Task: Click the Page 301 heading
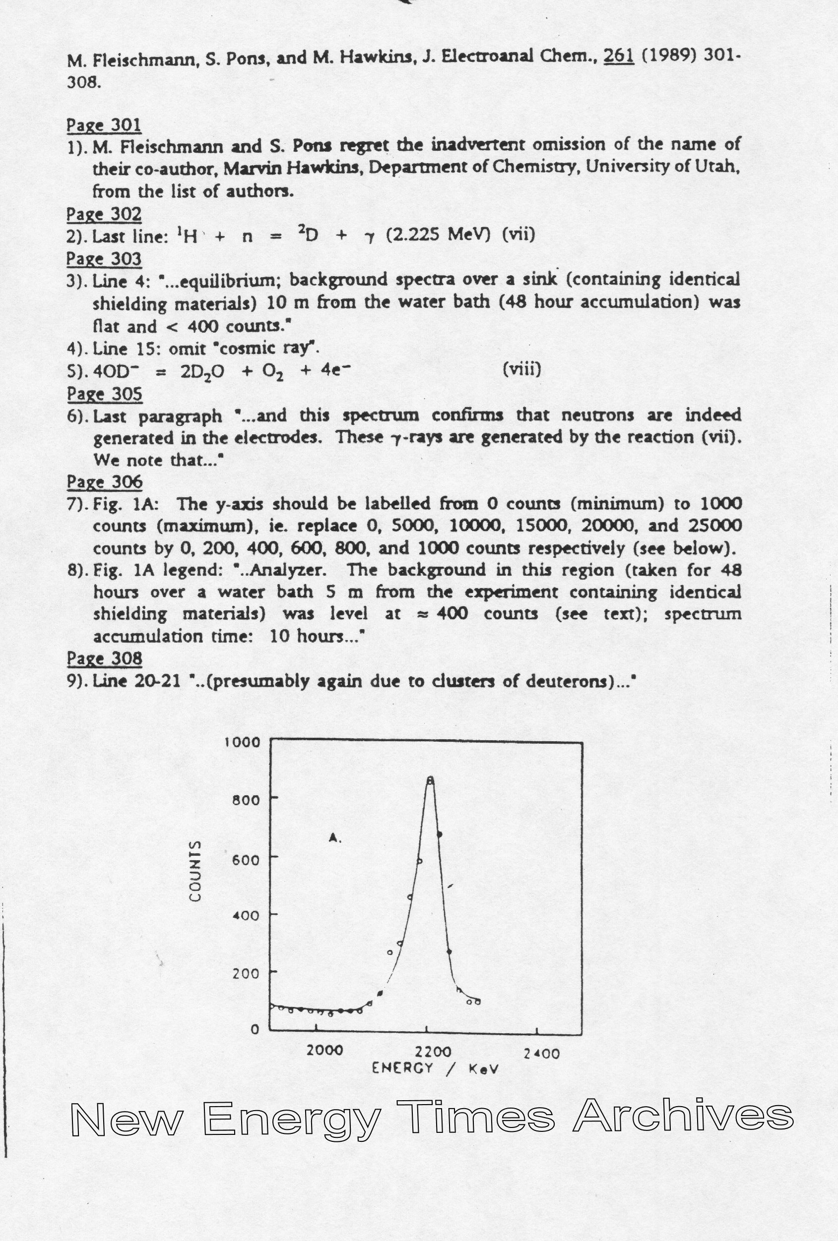coord(104,125)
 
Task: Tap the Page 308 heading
coord(104,658)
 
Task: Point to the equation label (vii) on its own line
coord(518,235)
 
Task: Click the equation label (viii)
coord(521,369)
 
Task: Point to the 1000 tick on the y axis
coord(242,742)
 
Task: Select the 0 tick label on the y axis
coord(255,1028)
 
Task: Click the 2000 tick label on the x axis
coord(324,1051)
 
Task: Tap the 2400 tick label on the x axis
coord(541,1054)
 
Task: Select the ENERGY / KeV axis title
coord(435,1068)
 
